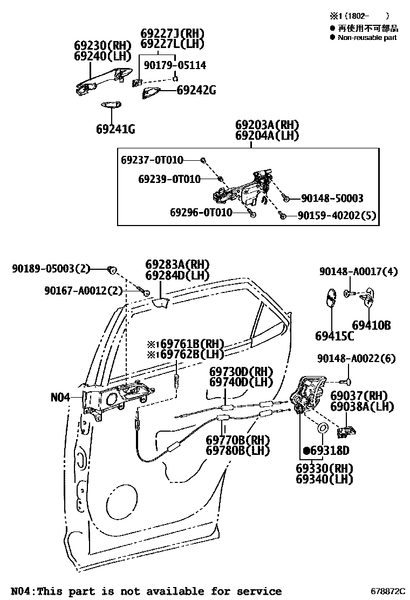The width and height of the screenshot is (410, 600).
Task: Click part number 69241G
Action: (x=115, y=129)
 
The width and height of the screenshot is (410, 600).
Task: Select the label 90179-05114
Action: (x=175, y=65)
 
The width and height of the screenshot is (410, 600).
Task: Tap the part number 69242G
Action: (x=196, y=90)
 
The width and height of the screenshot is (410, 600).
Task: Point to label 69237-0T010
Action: (x=152, y=160)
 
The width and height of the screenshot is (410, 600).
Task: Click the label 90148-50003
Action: (x=332, y=199)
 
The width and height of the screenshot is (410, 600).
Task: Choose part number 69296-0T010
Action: (x=201, y=213)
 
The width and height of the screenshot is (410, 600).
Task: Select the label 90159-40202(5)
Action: (x=337, y=216)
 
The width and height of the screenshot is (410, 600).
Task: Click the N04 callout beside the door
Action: (x=60, y=398)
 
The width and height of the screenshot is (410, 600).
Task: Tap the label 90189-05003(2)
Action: (x=51, y=268)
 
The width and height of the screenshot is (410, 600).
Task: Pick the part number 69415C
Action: (x=334, y=336)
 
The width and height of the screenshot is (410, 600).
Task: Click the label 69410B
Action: (x=371, y=325)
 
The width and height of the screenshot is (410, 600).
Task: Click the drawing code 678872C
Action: (x=388, y=592)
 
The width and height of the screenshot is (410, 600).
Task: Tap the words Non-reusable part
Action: (x=367, y=38)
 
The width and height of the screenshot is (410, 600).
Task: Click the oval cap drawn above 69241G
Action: (x=111, y=105)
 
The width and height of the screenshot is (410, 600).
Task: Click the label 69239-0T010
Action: (x=169, y=179)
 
